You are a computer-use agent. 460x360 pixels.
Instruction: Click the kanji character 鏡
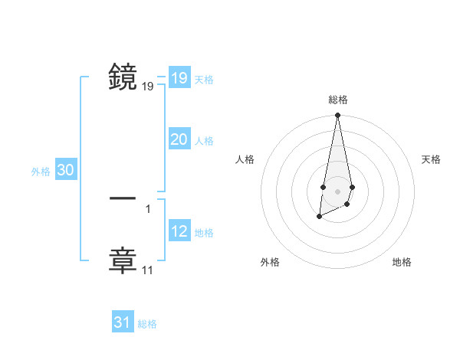(123, 77)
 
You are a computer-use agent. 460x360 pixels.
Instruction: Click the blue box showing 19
(179, 78)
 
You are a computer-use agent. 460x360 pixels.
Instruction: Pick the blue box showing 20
(179, 139)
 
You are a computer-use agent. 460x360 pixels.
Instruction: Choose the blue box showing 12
(179, 231)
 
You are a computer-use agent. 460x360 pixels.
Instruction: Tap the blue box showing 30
(65, 171)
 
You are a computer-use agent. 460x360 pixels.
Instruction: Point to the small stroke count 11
(147, 270)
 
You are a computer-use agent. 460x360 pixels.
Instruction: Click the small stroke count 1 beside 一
(148, 208)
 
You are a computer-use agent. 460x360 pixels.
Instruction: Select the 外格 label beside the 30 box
(41, 172)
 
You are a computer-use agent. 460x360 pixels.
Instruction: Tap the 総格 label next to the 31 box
(147, 324)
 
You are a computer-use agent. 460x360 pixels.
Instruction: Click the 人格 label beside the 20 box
(204, 141)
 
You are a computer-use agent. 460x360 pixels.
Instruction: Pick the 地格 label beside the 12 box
(204, 233)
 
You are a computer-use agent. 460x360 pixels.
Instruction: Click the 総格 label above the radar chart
(337, 100)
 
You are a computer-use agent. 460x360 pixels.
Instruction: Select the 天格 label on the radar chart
(431, 159)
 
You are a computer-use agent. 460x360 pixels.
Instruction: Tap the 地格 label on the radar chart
(402, 262)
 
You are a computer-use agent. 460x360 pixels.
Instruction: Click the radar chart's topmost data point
(337, 116)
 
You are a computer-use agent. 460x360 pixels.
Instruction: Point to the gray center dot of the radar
(337, 191)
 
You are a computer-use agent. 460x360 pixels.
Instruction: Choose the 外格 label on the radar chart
(270, 262)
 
